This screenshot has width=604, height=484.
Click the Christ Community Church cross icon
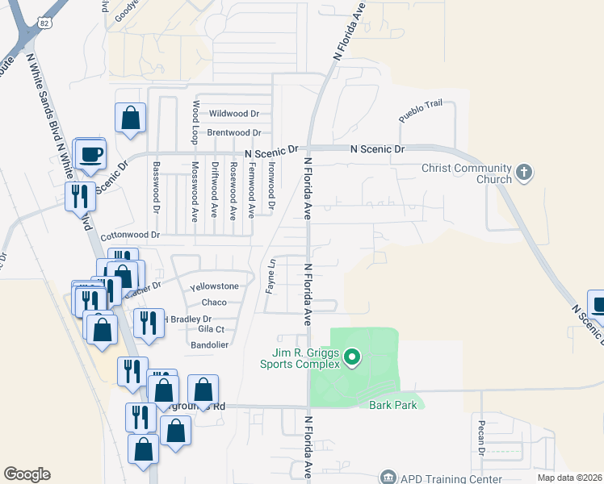click(524, 173)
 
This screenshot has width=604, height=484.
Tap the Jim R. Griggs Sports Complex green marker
click(351, 356)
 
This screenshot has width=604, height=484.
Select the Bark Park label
click(393, 405)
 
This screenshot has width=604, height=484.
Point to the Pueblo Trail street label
click(421, 112)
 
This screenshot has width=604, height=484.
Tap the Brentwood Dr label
click(234, 132)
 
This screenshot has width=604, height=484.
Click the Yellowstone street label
click(214, 286)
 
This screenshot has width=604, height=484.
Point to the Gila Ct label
click(211, 330)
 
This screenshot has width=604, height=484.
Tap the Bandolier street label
click(211, 345)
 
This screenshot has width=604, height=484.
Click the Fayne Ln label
click(272, 275)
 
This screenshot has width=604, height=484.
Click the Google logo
click(27, 474)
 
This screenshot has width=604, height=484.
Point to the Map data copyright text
click(569, 478)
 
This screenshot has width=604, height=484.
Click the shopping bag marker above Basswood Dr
click(130, 119)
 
